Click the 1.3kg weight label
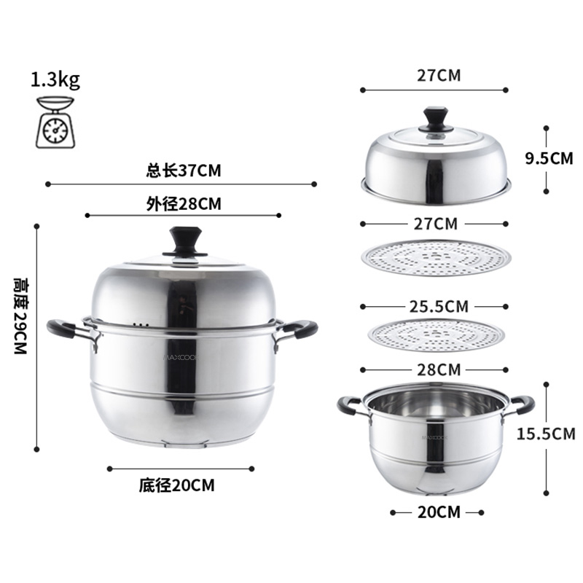55,80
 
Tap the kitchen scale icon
55,122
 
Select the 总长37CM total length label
184,171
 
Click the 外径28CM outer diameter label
184,204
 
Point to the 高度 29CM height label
20,316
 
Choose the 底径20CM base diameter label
177,485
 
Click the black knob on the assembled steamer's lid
185,243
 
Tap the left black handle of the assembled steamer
62,329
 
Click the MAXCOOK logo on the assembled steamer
181,357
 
